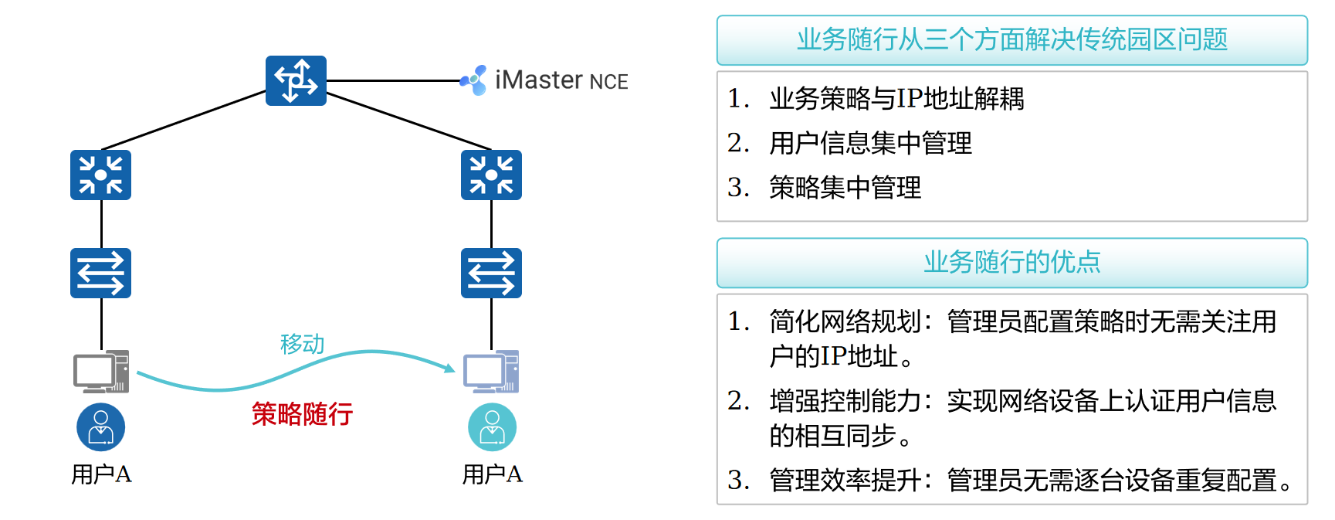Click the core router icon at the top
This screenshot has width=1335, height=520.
[296, 80]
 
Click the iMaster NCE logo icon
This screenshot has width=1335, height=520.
[474, 80]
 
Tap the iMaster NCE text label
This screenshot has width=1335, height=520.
[561, 80]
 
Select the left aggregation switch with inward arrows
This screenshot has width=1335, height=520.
[100, 175]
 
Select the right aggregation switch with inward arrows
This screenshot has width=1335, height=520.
[491, 175]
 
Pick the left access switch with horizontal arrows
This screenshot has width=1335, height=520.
[100, 273]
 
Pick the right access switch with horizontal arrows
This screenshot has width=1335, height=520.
[491, 273]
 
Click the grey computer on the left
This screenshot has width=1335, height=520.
[100, 372]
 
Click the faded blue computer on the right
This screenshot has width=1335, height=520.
[491, 372]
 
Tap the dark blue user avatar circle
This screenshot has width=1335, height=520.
[100, 427]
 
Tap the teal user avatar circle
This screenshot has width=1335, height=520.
[492, 427]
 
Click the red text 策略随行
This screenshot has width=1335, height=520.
[302, 414]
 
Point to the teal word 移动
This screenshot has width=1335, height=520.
[302, 344]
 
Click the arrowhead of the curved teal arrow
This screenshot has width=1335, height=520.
[449, 368]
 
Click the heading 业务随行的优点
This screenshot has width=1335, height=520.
[1011, 263]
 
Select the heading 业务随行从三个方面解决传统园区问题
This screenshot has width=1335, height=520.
[1011, 39]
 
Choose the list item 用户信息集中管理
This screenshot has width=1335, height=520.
[870, 143]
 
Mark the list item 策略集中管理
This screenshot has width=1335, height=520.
[845, 188]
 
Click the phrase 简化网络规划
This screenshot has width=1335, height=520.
[845, 321]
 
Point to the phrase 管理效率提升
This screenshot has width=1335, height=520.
[845, 481]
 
